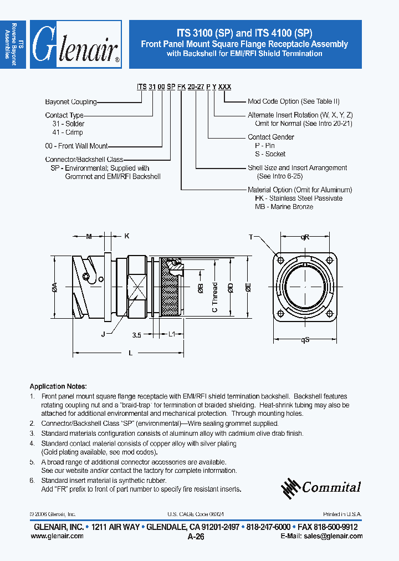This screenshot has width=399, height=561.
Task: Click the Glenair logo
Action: tap(75, 44)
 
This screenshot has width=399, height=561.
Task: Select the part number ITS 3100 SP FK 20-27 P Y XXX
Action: tap(184, 87)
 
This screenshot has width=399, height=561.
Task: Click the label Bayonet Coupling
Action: tap(70, 102)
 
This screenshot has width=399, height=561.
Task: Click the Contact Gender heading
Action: tap(271, 137)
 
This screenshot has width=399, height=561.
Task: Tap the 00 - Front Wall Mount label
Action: tap(76, 146)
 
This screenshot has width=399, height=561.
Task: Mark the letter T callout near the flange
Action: tap(250, 237)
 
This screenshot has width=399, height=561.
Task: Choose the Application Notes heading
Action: tap(58, 386)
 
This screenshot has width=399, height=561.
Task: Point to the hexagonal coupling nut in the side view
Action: tap(136, 287)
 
